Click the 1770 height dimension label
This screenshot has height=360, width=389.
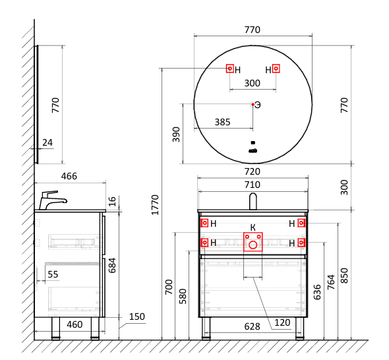(x=155, y=205)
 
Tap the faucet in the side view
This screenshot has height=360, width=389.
(x=53, y=200)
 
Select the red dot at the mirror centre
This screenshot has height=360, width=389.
(x=253, y=104)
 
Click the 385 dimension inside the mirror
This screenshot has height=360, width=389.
(x=222, y=122)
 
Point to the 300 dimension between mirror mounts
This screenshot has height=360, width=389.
(x=253, y=83)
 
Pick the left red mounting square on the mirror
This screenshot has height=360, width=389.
(x=230, y=69)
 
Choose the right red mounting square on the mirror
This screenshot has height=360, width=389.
(x=276, y=69)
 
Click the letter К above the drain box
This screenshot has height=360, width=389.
(x=253, y=227)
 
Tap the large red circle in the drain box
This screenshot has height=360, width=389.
(x=253, y=245)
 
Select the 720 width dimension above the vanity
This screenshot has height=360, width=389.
(x=253, y=171)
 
